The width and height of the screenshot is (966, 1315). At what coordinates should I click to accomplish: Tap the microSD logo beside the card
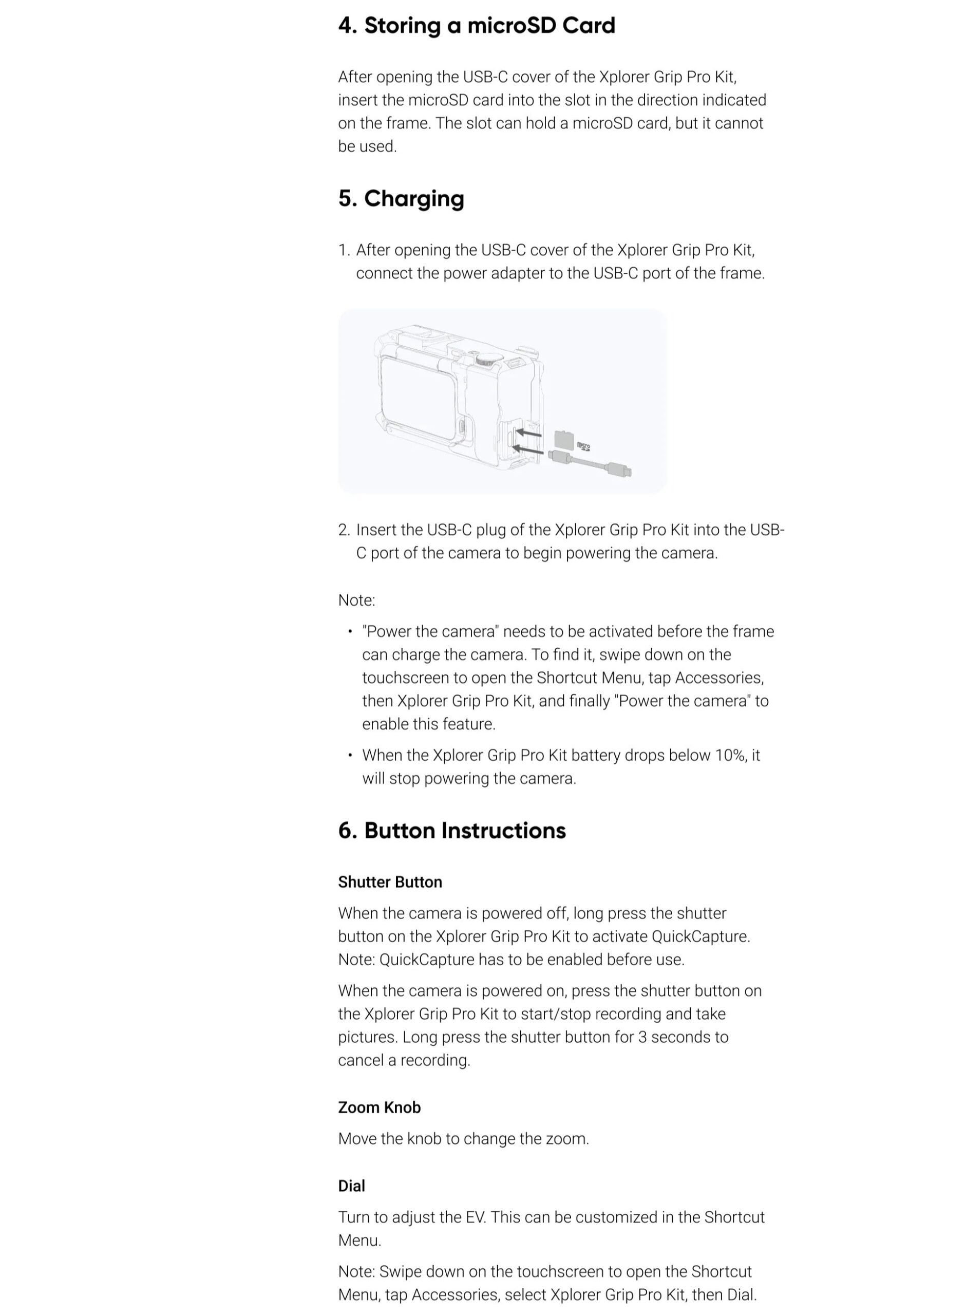pyautogui.click(x=583, y=447)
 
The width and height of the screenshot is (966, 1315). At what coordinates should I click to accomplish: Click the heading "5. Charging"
pyautogui.click(x=401, y=198)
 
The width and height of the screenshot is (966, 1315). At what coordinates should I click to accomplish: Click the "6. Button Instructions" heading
pyautogui.click(x=451, y=830)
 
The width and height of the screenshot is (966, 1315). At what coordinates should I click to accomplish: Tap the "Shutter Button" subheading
pyautogui.click(x=389, y=882)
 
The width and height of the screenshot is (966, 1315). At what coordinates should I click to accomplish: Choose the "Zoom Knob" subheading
pyautogui.click(x=379, y=1107)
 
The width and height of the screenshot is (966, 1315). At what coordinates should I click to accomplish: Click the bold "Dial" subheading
pyautogui.click(x=351, y=1186)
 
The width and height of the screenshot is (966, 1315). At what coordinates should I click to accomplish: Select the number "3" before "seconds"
pyautogui.click(x=642, y=1037)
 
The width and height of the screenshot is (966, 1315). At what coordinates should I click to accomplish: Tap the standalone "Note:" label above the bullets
pyautogui.click(x=356, y=600)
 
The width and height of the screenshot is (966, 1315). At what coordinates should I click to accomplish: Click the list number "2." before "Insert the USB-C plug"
pyautogui.click(x=344, y=530)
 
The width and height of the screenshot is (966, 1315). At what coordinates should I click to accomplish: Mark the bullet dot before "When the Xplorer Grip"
pyautogui.click(x=349, y=756)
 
